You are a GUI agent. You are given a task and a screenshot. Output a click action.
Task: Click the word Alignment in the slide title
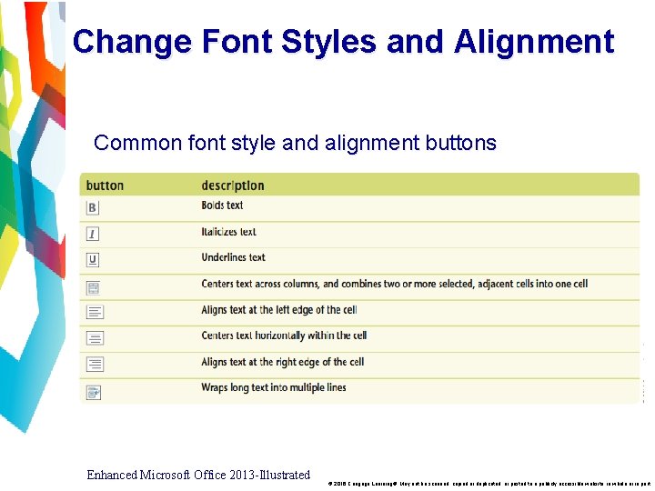click(x=534, y=42)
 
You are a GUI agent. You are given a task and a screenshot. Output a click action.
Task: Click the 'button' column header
click(x=105, y=185)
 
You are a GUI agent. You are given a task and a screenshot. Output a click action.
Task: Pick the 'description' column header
click(x=233, y=185)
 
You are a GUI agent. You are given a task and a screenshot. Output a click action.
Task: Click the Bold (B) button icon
click(x=93, y=207)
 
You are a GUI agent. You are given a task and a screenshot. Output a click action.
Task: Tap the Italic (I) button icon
click(x=93, y=234)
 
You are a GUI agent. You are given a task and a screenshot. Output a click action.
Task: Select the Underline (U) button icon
click(x=93, y=260)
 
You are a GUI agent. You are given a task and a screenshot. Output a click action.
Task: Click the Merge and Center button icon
click(x=94, y=286)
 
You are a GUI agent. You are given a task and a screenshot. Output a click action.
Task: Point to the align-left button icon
click(x=95, y=312)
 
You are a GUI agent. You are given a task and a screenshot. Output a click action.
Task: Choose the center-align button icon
click(x=95, y=338)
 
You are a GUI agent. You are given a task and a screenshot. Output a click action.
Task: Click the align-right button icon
click(x=95, y=364)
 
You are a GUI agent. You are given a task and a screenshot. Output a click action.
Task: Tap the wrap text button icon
click(x=94, y=391)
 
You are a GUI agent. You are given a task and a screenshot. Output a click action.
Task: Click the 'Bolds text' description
click(x=223, y=205)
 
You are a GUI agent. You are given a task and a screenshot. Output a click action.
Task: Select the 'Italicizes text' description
click(x=229, y=232)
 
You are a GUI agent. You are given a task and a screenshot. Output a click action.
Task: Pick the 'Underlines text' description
click(x=234, y=257)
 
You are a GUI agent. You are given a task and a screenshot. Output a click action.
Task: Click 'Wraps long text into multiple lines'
click(x=274, y=387)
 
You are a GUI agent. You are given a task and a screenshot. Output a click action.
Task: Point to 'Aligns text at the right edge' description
click(x=283, y=362)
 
